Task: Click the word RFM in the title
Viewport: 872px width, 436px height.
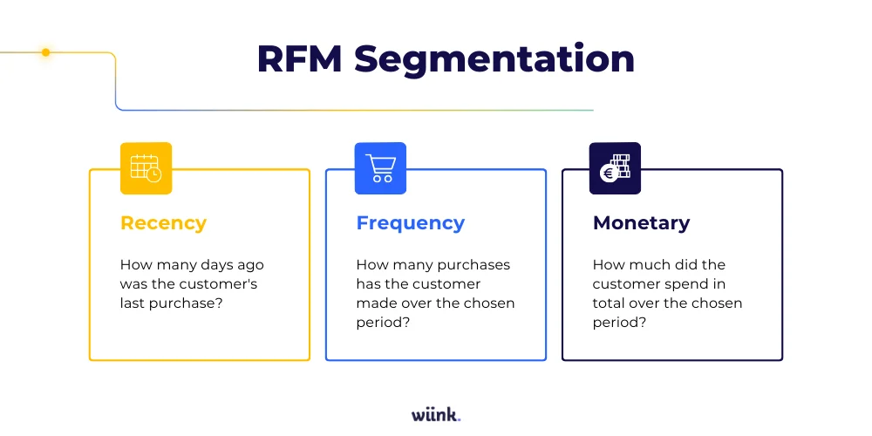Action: coord(299,58)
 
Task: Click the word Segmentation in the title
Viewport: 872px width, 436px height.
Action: coord(494,58)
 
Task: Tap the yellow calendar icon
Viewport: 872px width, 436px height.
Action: coord(146,168)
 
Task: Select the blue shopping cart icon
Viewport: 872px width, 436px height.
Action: coord(380,168)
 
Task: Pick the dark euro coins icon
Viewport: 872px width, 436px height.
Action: coord(615,168)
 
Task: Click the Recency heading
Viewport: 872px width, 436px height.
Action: coord(163,223)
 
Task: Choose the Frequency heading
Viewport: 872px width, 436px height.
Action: coord(410,223)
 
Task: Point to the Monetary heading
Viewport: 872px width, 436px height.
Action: coord(641,223)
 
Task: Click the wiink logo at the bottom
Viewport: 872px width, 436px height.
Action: coord(435,414)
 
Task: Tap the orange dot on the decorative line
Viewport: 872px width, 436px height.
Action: coord(46,52)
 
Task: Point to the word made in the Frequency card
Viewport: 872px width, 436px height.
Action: coord(373,303)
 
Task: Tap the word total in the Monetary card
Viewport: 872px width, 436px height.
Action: coord(610,303)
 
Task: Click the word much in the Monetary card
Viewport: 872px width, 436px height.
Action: coord(644,264)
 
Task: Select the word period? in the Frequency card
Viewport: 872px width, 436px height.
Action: coord(383,323)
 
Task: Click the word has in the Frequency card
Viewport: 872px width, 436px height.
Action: coord(370,283)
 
